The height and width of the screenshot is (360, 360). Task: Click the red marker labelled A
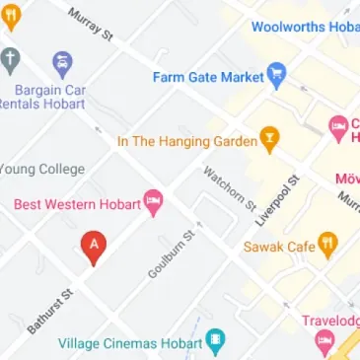(x=94, y=245)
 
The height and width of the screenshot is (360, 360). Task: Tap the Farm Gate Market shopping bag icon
(x=277, y=76)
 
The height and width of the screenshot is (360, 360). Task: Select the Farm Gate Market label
(x=208, y=76)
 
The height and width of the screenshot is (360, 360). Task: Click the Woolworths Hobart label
(x=305, y=27)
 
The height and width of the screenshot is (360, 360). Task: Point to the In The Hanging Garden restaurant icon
(x=267, y=140)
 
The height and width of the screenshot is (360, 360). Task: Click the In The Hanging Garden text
(x=184, y=141)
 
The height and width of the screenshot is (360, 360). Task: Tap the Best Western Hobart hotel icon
(x=153, y=204)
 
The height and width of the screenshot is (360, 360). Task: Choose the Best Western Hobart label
(x=76, y=204)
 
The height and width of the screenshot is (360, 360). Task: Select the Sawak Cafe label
(x=279, y=246)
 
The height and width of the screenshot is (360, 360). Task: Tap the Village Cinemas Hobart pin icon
(x=214, y=342)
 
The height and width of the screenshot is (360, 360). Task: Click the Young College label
(x=42, y=169)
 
